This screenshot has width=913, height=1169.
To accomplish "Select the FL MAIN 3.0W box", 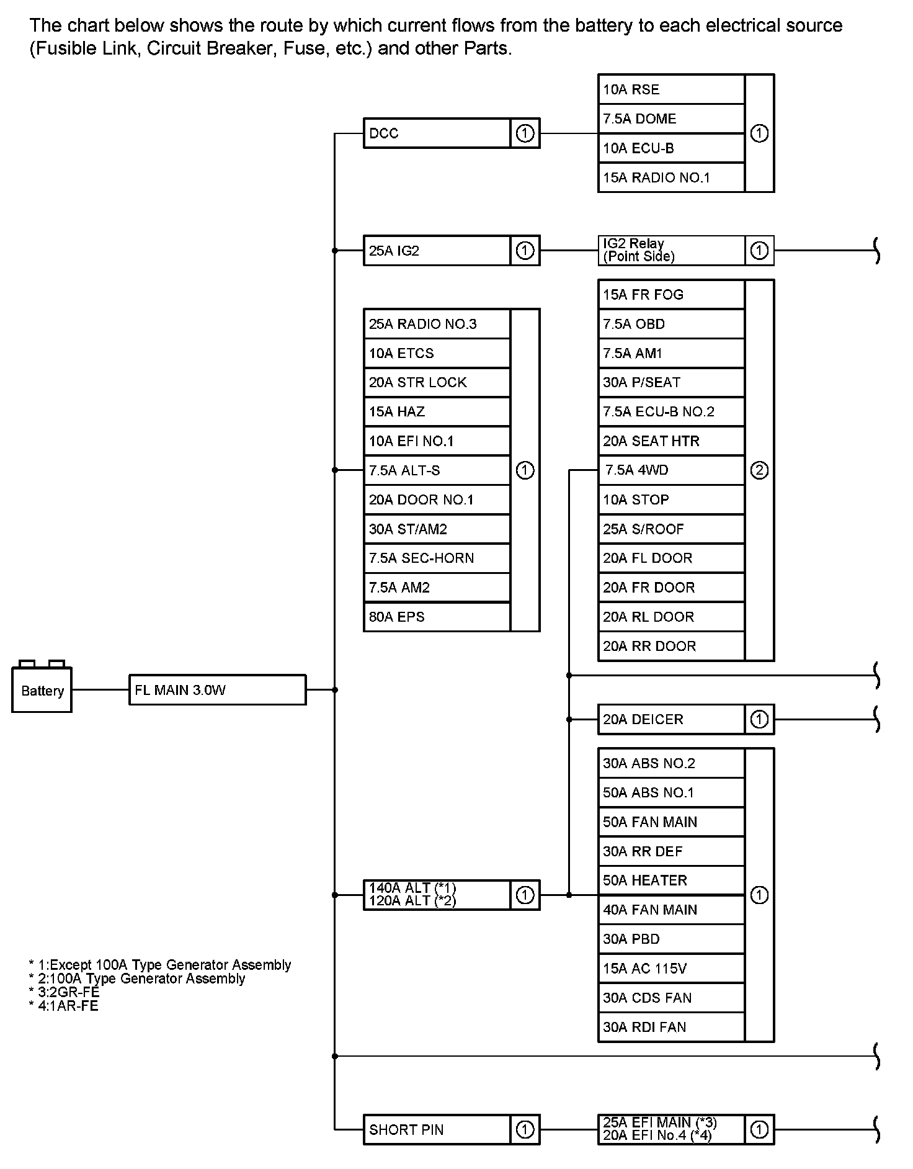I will (217, 690).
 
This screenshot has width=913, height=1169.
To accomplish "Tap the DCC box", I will (437, 133).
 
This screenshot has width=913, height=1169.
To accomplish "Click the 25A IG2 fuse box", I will (437, 251).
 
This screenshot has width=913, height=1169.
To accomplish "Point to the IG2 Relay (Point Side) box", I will (671, 250).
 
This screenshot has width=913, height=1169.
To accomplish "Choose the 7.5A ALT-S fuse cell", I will (437, 470).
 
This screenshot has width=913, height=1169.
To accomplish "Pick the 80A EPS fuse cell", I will (437, 617).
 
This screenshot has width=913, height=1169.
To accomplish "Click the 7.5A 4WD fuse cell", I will (671, 470).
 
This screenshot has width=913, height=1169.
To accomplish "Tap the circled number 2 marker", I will (759, 470).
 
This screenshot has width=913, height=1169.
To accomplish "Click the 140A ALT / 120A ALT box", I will (437, 895).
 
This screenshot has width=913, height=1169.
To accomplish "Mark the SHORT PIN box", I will (437, 1129).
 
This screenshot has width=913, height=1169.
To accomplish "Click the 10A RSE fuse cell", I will (671, 89).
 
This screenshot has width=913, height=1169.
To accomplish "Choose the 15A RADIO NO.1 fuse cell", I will (671, 177).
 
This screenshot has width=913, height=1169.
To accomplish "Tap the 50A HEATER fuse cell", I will (671, 880).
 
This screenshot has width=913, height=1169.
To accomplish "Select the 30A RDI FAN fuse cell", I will (671, 1027).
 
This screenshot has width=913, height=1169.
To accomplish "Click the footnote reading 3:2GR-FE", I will (65, 992).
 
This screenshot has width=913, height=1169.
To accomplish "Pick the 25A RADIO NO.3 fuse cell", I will (437, 324).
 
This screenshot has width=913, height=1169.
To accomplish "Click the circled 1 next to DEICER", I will (759, 719).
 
